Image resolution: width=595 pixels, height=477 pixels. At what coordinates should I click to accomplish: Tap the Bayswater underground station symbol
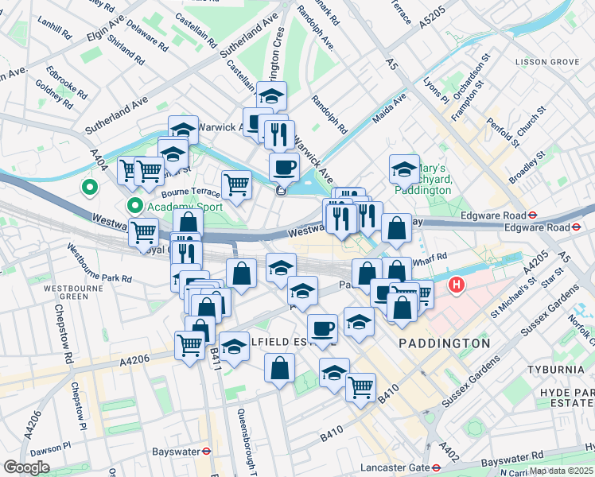pos(206,451)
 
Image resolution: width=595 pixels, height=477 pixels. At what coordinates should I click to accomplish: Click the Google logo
pos(26,467)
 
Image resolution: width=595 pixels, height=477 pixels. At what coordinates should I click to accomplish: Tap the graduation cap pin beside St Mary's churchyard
pos(404,169)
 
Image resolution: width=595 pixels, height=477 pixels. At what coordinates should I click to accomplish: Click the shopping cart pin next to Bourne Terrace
pos(236,184)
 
